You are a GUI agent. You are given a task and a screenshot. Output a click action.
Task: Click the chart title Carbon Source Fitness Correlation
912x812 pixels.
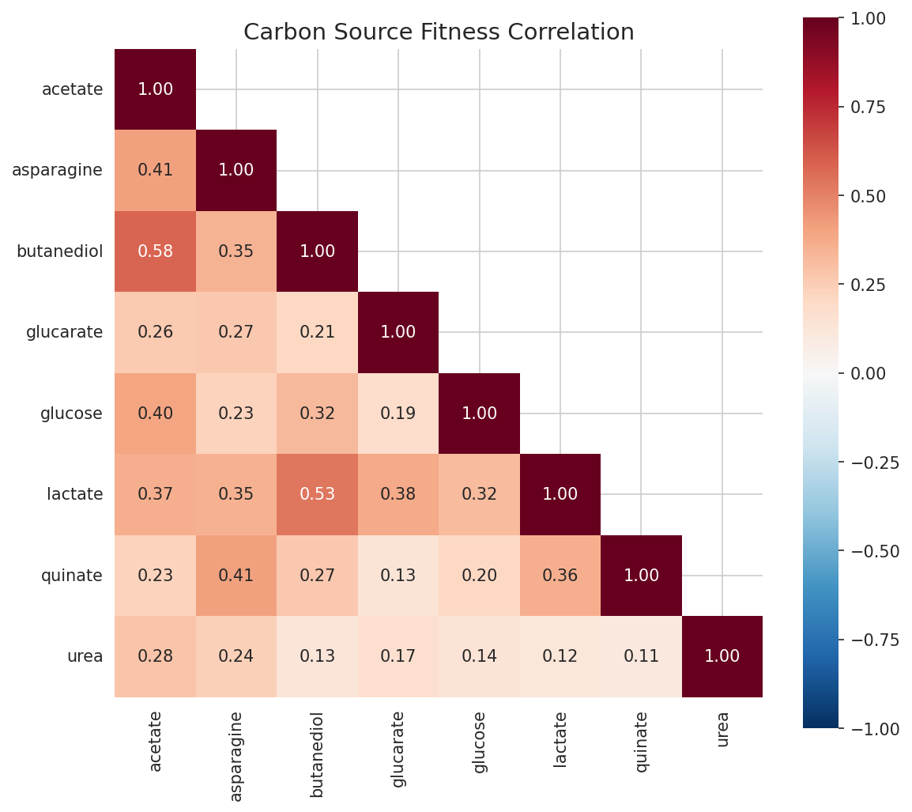(x=439, y=32)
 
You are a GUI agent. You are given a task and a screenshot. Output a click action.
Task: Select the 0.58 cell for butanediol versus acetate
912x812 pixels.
(x=155, y=251)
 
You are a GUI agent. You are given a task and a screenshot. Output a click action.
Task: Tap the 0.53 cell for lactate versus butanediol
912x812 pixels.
(x=317, y=494)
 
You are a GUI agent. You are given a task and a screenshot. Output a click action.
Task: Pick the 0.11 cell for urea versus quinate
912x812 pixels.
(x=641, y=656)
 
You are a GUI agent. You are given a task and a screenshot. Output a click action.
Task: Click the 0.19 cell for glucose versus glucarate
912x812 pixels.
(x=398, y=414)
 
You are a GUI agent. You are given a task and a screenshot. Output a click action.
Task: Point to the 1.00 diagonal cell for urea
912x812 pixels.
(x=722, y=656)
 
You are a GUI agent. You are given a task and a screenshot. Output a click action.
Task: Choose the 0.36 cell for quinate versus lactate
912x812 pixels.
(x=560, y=576)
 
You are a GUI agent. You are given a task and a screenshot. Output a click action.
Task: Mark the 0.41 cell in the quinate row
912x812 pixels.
(x=236, y=576)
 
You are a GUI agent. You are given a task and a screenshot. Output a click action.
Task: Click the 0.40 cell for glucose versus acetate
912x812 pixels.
(x=155, y=414)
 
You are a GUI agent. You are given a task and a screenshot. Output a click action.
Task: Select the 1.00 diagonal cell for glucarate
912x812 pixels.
(x=398, y=332)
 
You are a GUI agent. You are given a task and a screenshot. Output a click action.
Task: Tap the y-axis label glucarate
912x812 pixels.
(x=64, y=332)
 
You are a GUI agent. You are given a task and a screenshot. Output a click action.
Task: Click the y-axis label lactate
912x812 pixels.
(x=75, y=494)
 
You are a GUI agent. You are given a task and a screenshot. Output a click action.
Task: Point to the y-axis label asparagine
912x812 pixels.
(x=57, y=170)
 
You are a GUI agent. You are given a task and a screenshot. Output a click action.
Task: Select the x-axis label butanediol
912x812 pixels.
(x=317, y=753)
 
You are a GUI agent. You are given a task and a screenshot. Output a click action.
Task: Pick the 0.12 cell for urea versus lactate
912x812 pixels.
(x=560, y=656)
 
